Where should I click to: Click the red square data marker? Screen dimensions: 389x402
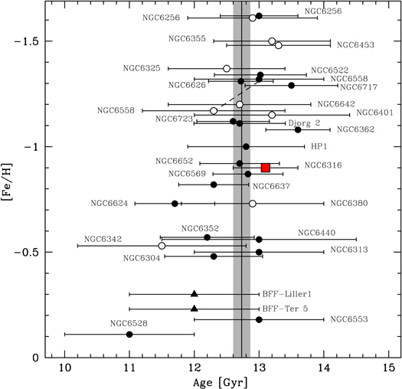266,168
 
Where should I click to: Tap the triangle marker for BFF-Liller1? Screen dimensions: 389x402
194,294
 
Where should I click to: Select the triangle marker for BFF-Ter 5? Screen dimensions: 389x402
194,309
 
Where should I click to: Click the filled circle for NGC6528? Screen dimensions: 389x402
129,335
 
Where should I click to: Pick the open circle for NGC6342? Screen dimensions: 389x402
162,246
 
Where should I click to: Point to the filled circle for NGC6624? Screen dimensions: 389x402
175,204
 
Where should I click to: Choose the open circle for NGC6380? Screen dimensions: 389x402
253,204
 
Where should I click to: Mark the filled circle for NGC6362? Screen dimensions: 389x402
298,129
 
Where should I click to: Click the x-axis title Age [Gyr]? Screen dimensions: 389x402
227,380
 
